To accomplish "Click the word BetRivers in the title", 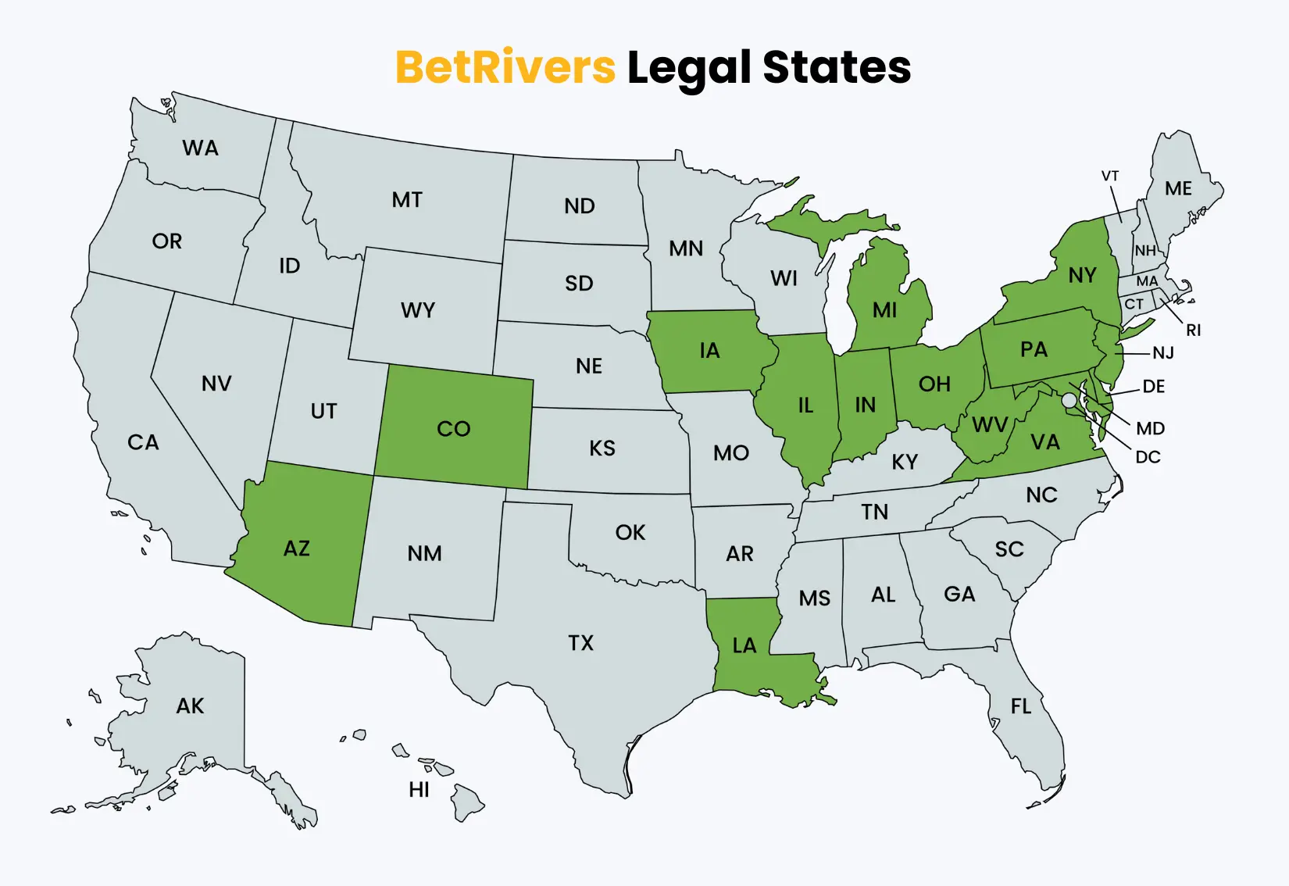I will coord(505,67).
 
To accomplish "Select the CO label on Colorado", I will coord(453,429).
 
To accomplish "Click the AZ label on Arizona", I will coord(297,548).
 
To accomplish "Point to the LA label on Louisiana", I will coord(744,645).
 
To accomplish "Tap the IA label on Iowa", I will coord(709,351).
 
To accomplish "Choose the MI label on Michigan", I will coord(884,311).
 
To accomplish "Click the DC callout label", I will coord(1148,457).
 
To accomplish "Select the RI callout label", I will coord(1193,330).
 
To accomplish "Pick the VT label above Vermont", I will coord(1110,176).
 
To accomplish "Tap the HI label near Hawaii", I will coord(419,790).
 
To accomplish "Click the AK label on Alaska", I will coord(190,706).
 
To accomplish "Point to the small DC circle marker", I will coord(1069,400).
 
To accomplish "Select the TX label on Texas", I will coord(580,643).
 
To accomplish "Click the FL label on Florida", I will coord(1020,707).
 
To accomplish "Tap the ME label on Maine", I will coord(1178,189).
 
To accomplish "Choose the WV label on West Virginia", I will coord(990,425).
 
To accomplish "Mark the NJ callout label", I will coord(1163,353).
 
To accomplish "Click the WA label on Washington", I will coord(200,148).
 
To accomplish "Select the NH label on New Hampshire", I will coord(1145,251).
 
